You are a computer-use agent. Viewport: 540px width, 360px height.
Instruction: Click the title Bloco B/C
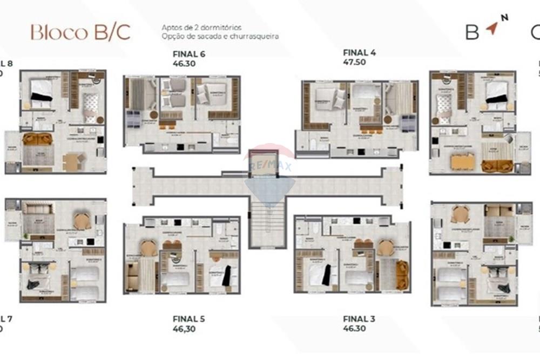tap(80, 32)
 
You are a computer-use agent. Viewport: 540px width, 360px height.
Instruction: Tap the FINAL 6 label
tap(188, 53)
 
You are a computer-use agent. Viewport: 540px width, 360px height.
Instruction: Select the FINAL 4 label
tap(359, 52)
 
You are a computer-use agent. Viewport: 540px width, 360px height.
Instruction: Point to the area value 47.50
tap(354, 62)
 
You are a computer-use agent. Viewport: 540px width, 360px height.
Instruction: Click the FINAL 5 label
tap(188, 318)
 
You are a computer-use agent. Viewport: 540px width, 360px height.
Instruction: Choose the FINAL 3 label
tap(359, 318)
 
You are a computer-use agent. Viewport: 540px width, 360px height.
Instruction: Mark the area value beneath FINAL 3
tap(354, 328)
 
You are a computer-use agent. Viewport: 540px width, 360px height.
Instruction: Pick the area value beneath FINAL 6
tap(184, 63)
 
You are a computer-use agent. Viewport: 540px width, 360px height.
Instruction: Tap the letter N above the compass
tap(504, 18)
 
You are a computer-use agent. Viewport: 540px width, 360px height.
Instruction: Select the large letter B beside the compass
tap(472, 32)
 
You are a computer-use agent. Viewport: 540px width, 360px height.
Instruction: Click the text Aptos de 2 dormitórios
tap(201, 27)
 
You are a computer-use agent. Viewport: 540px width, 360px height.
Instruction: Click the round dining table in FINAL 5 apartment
tap(148, 248)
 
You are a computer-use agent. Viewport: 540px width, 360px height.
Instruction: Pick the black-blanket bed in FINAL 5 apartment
tap(222, 275)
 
